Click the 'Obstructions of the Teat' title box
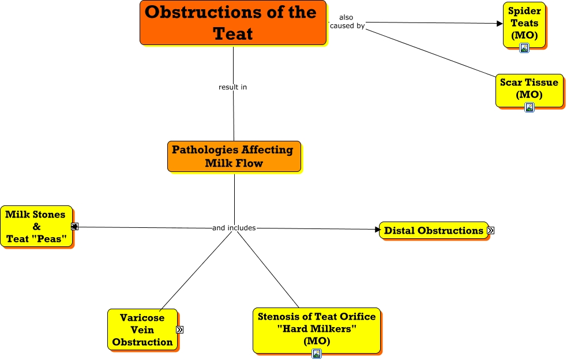pyautogui.click(x=233, y=22)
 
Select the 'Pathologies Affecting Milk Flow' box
pyautogui.click(x=234, y=156)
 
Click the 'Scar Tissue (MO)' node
pyautogui.click(x=529, y=88)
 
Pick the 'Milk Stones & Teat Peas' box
pyautogui.click(x=36, y=226)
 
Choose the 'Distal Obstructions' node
pyautogui.click(x=433, y=231)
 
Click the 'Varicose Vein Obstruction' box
pyautogui.click(x=142, y=329)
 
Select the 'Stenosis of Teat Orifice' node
pyautogui.click(x=316, y=329)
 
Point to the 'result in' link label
pyautogui.click(x=233, y=87)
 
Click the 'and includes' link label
pyautogui.click(x=234, y=228)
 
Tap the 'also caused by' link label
pyautogui.click(x=347, y=21)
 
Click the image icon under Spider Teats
pyautogui.click(x=524, y=48)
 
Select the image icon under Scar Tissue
pyautogui.click(x=529, y=107)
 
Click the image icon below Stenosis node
pyautogui.click(x=316, y=354)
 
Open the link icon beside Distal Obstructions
pyautogui.click(x=491, y=231)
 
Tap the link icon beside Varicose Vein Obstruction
pyautogui.click(x=179, y=329)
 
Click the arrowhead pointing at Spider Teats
pyautogui.click(x=500, y=24)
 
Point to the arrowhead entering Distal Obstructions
pyautogui.click(x=378, y=230)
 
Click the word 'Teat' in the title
pyautogui.click(x=233, y=33)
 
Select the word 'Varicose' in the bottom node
pyautogui.click(x=142, y=318)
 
